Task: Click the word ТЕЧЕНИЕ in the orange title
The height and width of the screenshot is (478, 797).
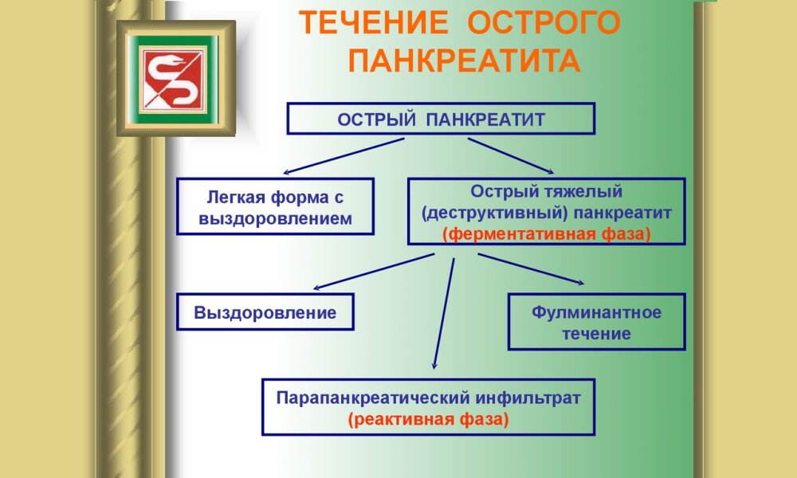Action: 374,23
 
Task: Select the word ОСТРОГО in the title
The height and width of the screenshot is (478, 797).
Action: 544,23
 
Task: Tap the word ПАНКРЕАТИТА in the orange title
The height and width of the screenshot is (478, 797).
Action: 464,61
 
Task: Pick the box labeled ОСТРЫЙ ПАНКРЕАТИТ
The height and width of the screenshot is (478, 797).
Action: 441,119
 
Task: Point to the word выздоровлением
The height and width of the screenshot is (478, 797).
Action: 275,219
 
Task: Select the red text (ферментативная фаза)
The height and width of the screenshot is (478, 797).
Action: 547,234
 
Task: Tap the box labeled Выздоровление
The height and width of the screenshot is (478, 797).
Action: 265,311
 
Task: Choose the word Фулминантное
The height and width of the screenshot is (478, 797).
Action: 597,311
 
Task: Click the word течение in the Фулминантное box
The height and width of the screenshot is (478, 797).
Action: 596,334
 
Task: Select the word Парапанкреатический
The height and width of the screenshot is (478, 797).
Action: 372,398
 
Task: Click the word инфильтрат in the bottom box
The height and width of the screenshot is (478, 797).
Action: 528,398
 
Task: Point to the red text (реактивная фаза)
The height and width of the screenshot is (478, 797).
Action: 428,420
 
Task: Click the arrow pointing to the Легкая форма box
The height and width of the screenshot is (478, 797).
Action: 344,156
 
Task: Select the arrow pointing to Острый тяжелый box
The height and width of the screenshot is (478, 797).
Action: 511,156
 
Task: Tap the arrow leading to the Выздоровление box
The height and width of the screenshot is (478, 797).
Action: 374,272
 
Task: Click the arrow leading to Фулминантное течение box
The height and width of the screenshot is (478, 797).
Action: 531,268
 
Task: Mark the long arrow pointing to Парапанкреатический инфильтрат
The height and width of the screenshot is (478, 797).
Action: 444,313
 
